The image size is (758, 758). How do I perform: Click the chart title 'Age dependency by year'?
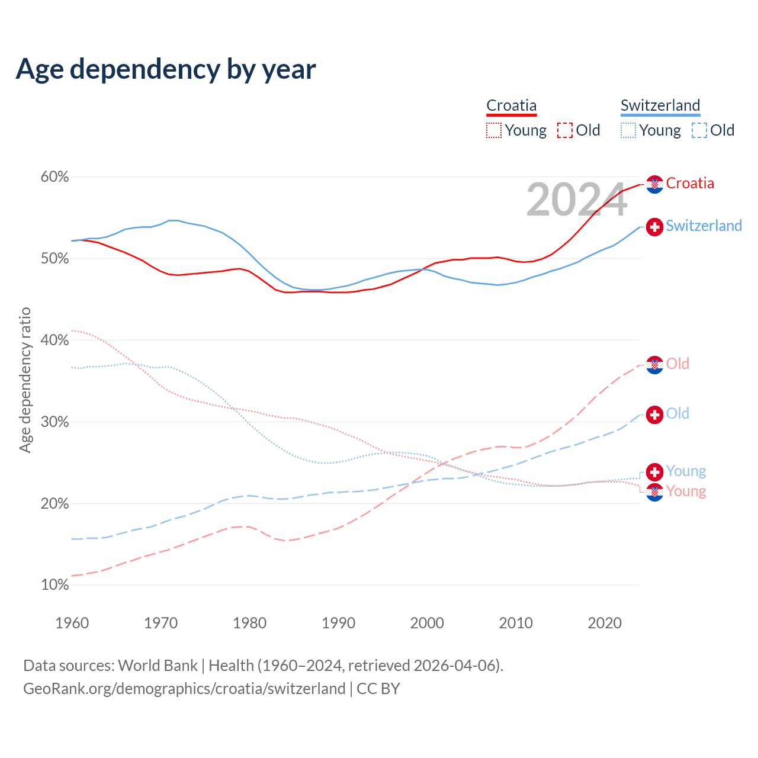tap(166, 69)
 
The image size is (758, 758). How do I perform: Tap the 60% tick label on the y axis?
tap(55, 177)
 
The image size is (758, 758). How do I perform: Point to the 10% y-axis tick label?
tap(55, 585)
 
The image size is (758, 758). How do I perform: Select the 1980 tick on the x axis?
tap(249, 623)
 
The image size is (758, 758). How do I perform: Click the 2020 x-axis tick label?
tap(605, 623)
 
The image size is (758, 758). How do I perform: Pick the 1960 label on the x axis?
tap(72, 623)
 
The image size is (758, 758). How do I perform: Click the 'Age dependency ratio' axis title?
tap(25, 380)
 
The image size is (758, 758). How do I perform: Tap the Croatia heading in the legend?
tap(512, 105)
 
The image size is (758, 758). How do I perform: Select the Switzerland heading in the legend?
tap(660, 105)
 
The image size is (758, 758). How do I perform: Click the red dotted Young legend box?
tap(494, 130)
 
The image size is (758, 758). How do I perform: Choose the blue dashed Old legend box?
tap(699, 130)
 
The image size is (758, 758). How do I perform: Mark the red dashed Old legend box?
tap(565, 130)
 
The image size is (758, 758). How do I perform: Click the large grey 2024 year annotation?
tap(576, 200)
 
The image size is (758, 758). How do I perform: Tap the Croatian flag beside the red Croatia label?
tap(654, 184)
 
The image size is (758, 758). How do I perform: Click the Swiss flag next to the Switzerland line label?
tap(654, 227)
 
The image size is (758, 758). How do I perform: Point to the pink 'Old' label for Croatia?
tap(677, 364)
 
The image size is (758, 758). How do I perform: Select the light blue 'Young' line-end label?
tap(686, 471)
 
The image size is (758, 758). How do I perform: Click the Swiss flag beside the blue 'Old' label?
tap(654, 415)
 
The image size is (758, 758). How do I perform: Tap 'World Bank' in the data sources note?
tap(158, 666)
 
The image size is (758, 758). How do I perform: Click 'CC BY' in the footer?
tap(378, 689)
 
